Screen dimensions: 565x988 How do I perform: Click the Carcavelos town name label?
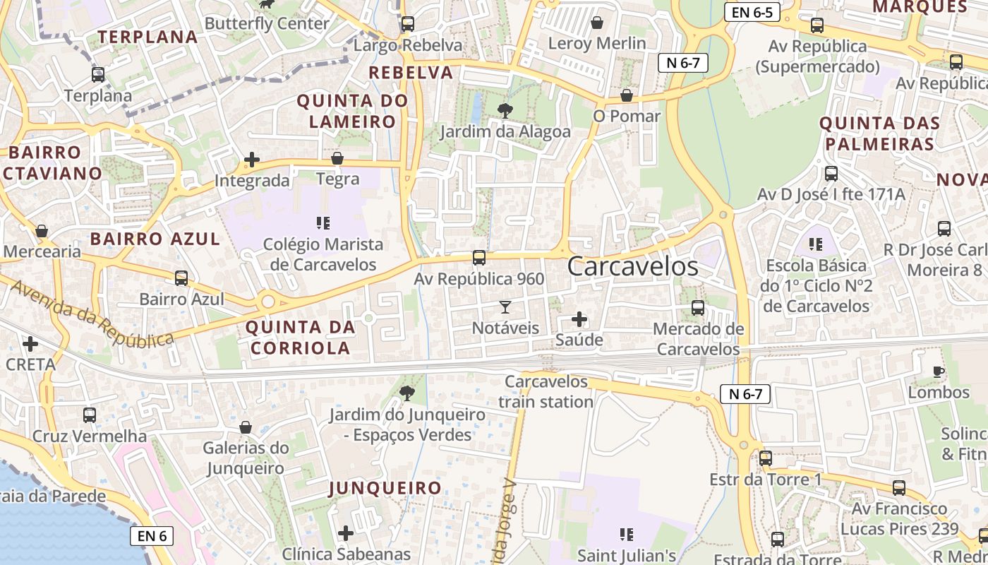632,266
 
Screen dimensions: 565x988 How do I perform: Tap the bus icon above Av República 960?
479,258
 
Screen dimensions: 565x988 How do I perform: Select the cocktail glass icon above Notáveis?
505,307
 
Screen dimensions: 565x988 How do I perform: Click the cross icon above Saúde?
579,319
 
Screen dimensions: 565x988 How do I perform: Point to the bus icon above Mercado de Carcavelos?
698,308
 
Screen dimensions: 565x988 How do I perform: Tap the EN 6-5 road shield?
752,12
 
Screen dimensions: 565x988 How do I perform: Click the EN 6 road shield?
152,536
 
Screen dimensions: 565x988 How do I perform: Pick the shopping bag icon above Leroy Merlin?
597,23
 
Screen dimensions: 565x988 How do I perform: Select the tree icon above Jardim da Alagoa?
505,110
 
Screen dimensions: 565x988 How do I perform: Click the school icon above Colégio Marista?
323,224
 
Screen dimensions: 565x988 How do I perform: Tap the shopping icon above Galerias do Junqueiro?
246,427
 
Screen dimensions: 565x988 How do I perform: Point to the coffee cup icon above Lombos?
938,371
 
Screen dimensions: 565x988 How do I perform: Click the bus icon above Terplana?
98,75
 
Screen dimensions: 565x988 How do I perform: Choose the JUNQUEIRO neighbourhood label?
385,488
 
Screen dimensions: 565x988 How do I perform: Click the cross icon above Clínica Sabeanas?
346,533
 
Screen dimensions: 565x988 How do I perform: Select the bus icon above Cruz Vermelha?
90,415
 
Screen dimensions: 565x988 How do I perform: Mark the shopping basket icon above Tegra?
337,159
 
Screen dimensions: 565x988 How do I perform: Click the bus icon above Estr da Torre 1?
766,458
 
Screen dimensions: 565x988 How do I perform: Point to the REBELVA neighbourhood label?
411,72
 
